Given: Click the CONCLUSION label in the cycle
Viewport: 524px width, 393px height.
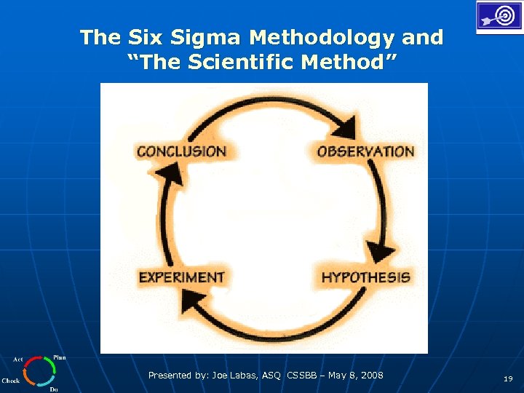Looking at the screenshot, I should tap(181, 151).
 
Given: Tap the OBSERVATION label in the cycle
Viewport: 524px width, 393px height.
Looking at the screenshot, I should tap(365, 151).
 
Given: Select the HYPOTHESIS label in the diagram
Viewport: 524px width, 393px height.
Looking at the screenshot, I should tap(365, 277).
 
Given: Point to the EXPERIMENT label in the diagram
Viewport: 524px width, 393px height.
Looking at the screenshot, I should tap(181, 277).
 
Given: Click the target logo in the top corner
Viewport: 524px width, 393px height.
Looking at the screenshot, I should tap(499, 16).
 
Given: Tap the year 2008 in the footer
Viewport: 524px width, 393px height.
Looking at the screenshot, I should tap(371, 376).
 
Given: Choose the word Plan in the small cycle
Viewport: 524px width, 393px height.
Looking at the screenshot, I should tap(60, 357).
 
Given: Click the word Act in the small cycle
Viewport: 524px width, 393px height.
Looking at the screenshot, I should tap(18, 360).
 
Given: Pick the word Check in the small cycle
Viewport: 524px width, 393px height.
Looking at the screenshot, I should tap(11, 381).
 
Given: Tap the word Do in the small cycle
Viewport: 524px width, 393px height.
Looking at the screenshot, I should tap(53, 389).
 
